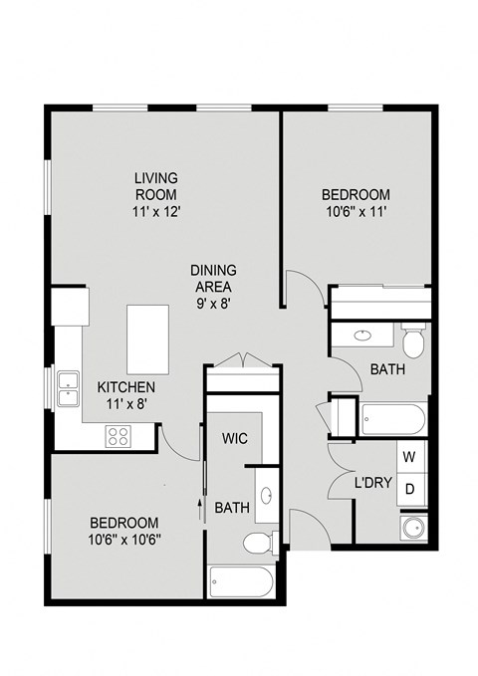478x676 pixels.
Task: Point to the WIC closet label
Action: coord(235,438)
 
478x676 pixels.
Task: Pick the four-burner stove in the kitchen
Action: coord(119,434)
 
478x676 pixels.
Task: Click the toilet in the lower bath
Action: coord(258,544)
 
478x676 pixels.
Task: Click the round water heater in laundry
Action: coord(410,528)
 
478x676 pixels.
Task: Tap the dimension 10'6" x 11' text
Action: coord(355,212)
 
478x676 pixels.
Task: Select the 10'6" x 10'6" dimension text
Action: coord(124,540)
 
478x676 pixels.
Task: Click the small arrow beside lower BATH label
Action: coord(199,509)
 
